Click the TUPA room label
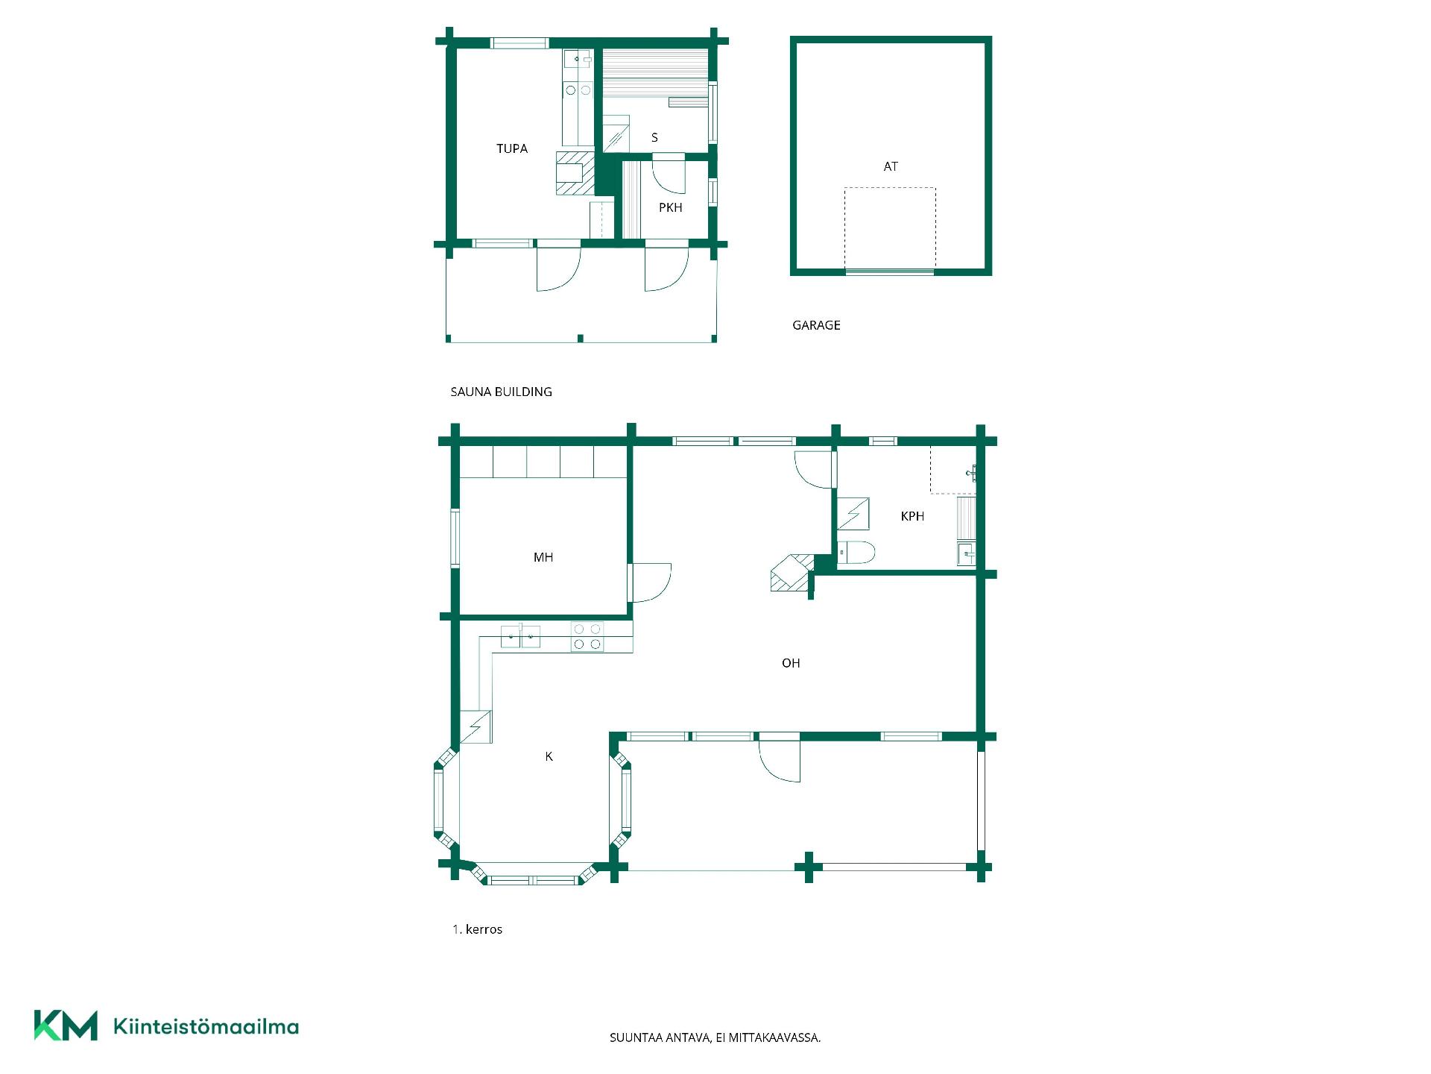point(512,148)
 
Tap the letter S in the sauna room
point(654,137)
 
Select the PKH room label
point(671,207)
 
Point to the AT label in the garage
point(891,166)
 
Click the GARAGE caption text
point(816,325)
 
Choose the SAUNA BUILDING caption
point(501,392)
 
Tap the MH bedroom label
point(543,557)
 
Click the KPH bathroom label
point(912,516)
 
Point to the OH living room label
point(791,663)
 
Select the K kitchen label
point(549,756)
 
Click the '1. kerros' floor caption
point(477,929)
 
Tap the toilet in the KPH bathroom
point(856,553)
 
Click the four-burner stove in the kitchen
point(587,637)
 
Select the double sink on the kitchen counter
point(520,637)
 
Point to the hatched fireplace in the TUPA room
point(575,173)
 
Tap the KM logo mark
point(66,1026)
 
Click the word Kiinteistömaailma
point(206,1026)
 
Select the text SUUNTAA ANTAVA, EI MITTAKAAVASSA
point(715,1037)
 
